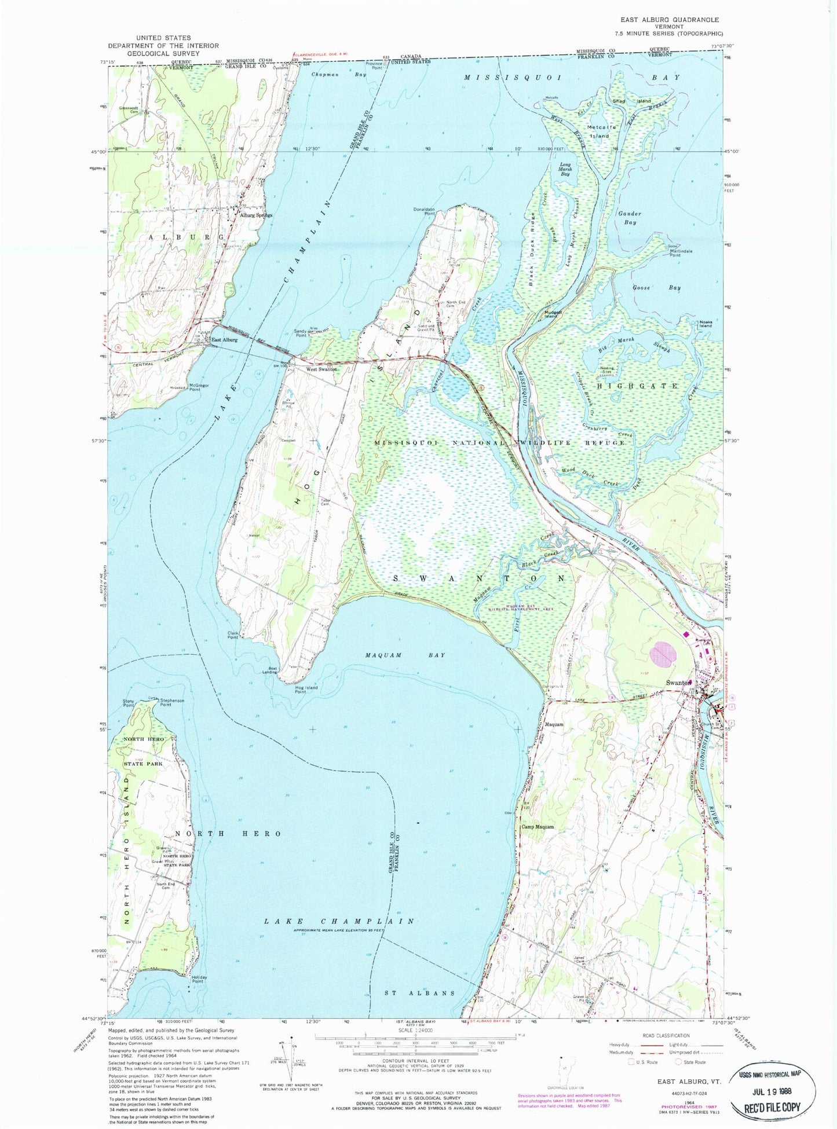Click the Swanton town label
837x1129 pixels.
point(677,683)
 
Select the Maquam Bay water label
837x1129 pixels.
point(405,655)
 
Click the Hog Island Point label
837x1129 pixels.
point(306,690)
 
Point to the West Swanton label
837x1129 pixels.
point(321,369)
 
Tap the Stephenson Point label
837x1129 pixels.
point(172,703)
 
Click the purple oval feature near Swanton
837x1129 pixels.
point(663,654)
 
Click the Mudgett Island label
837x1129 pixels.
point(551,314)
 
